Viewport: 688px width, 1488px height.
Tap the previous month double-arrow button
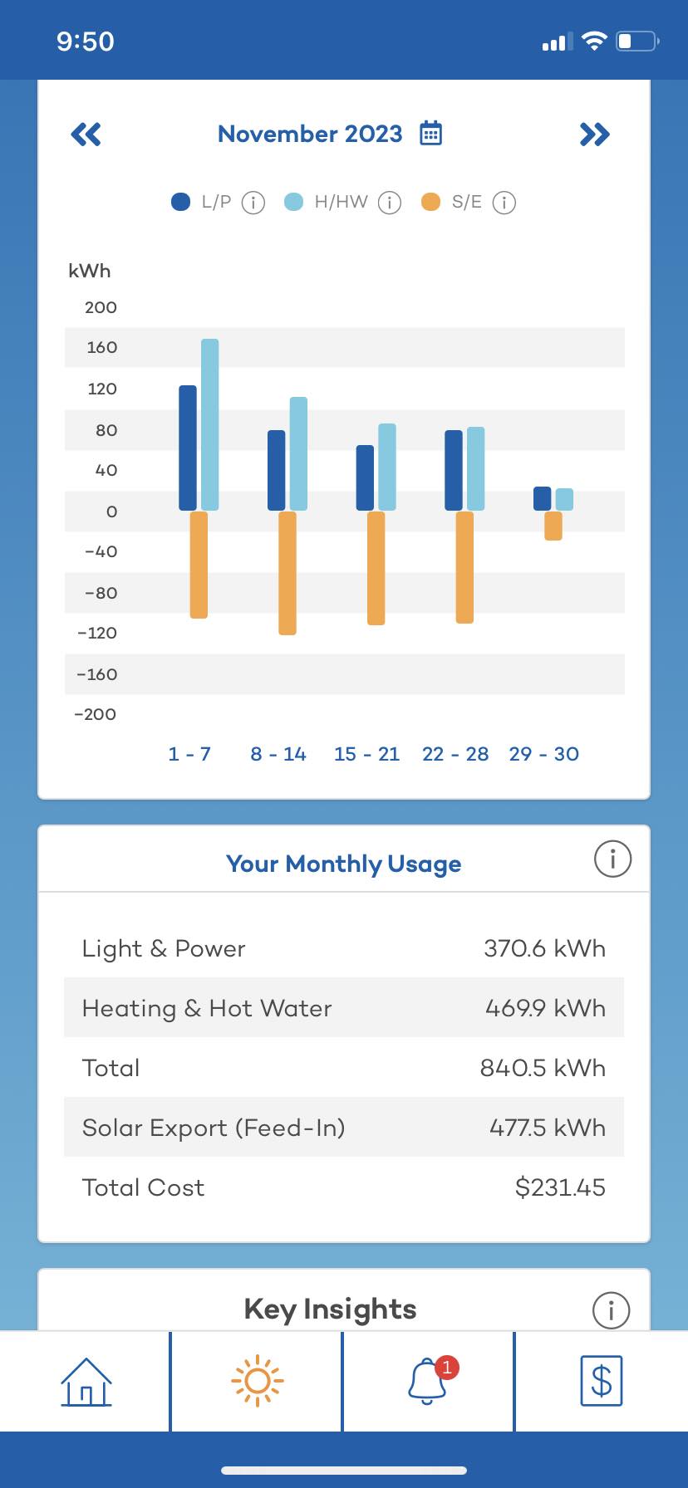[86, 135]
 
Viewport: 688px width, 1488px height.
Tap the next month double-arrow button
[595, 135]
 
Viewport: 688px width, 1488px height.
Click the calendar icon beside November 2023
[430, 133]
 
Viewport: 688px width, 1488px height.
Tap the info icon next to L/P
[253, 203]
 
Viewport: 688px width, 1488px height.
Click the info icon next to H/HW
[390, 203]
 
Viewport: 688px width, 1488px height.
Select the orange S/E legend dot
[430, 202]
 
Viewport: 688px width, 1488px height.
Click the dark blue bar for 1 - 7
[188, 448]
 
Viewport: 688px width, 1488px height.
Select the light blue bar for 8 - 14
[298, 453]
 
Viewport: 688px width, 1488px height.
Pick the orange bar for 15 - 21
[376, 568]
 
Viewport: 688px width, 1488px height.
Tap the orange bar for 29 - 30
[553, 526]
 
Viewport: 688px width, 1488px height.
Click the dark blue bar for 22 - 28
[454, 471]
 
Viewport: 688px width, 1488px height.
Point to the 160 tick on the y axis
[102, 348]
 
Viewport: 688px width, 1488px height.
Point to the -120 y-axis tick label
[97, 634]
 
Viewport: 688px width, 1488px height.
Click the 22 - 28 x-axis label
[455, 754]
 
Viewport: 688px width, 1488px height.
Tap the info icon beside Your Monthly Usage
[613, 859]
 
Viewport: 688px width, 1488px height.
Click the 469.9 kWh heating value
[545, 1008]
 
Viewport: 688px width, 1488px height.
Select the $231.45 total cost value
[560, 1187]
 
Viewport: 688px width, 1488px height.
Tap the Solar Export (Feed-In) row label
[214, 1128]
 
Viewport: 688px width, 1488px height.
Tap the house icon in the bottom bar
[86, 1382]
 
